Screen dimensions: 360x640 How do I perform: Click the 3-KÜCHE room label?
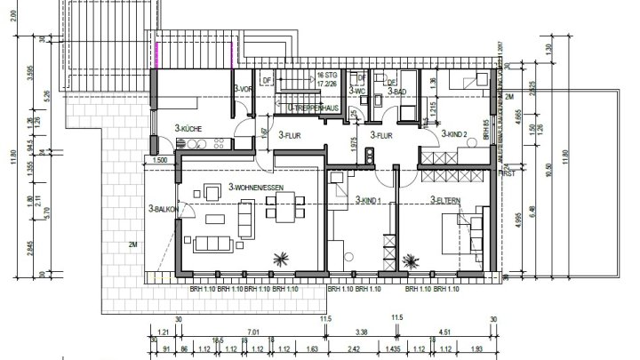coord(189,129)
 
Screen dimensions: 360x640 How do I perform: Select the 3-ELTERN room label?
coord(444,200)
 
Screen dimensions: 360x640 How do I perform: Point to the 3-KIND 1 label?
coord(368,200)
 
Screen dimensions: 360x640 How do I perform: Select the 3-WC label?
coord(358,92)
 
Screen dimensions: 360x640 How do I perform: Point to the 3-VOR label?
coord(244,91)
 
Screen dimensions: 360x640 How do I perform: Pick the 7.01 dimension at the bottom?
coord(254,332)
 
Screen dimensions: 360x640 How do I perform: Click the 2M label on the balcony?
coord(133,245)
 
